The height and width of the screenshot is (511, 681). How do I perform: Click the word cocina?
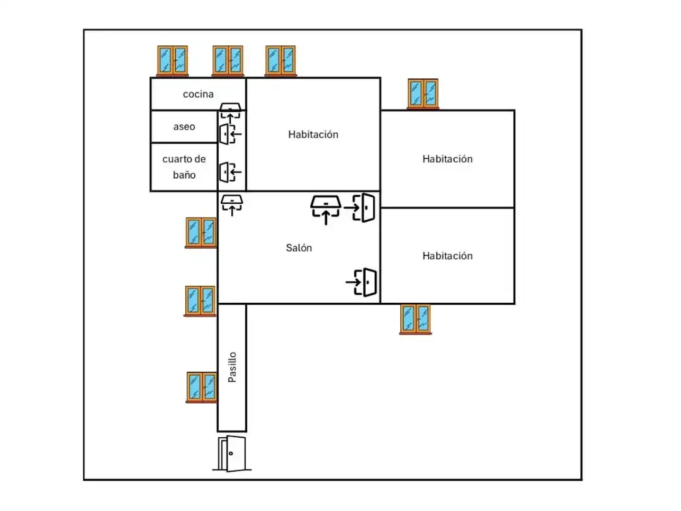pos(198,94)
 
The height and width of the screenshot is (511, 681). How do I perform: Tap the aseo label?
pos(184,126)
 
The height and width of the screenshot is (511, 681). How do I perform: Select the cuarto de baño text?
pos(184,167)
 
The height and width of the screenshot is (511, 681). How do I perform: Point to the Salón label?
pos(299,248)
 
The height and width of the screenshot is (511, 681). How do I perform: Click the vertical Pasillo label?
pos(232,367)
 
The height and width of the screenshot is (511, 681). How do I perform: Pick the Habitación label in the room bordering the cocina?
pos(313,134)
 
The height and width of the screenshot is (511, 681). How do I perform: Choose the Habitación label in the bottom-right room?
pos(447,255)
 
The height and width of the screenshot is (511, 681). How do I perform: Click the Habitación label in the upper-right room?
pos(447,158)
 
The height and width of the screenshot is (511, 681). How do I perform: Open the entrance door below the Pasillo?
pos(232,454)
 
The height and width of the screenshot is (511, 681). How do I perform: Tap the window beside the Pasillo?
pos(202,387)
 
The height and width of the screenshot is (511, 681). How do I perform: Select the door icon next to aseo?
pos(230,134)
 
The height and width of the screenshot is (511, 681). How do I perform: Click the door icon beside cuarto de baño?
pos(230,172)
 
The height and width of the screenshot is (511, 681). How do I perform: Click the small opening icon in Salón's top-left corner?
pos(232,205)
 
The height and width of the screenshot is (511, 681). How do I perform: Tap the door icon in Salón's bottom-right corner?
pos(361,283)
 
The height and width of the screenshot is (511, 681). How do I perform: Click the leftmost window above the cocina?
pos(172,61)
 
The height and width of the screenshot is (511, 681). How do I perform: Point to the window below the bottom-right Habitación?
pos(416,319)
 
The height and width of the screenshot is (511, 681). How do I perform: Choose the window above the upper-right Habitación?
pos(423,94)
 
